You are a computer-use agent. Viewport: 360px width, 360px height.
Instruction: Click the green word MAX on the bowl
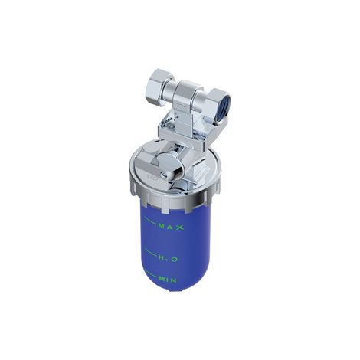pos(171,227)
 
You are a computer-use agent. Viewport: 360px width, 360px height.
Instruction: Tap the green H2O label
pos(169,259)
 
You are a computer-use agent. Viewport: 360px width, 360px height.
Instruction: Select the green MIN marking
pos(168,280)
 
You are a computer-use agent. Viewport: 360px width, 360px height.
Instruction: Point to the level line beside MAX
pos(150,221)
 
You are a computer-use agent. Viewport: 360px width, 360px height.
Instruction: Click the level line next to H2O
pos(150,251)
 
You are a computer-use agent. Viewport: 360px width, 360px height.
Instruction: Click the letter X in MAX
pos(180,227)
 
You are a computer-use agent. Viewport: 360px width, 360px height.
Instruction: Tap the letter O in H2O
pos(174,260)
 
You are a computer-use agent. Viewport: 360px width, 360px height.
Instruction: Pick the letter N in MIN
pos(173,280)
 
